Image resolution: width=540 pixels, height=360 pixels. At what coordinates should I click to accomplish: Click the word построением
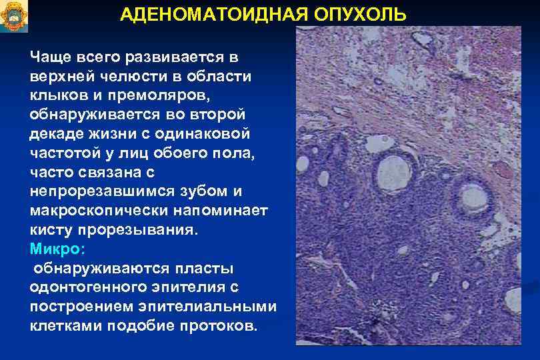[x=81, y=307]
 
